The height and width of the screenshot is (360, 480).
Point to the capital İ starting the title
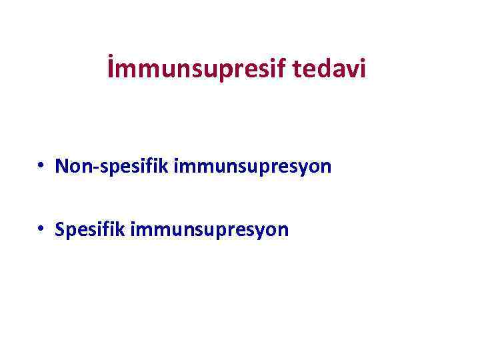(x=111, y=69)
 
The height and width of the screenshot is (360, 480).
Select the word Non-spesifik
(x=112, y=166)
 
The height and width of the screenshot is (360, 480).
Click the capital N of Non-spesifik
(x=63, y=166)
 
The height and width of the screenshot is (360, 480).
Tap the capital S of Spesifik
(x=61, y=230)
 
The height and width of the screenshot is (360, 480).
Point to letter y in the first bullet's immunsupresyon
(x=299, y=169)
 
